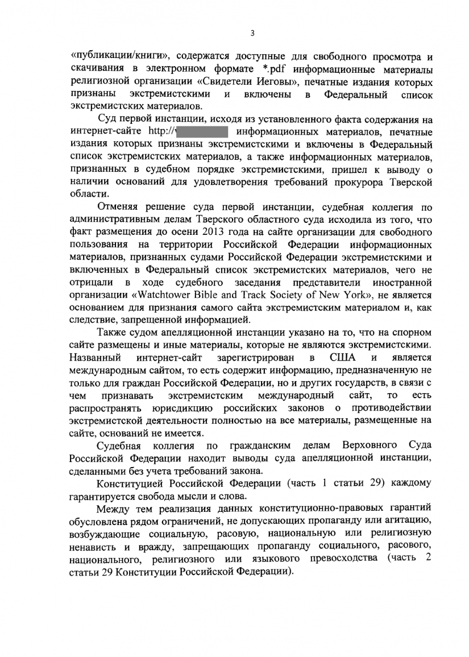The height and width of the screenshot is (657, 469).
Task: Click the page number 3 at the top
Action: pos(252,33)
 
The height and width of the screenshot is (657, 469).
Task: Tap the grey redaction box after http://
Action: pos(204,132)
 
